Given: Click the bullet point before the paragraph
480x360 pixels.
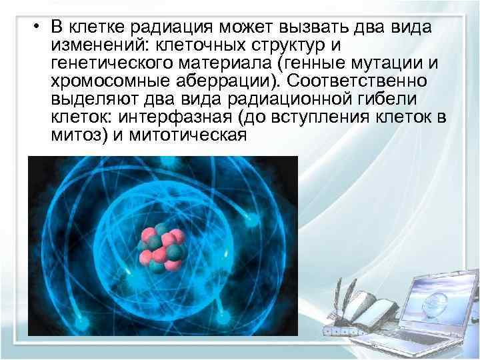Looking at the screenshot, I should pos(39,27).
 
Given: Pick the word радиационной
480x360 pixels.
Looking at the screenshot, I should pos(279,99).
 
